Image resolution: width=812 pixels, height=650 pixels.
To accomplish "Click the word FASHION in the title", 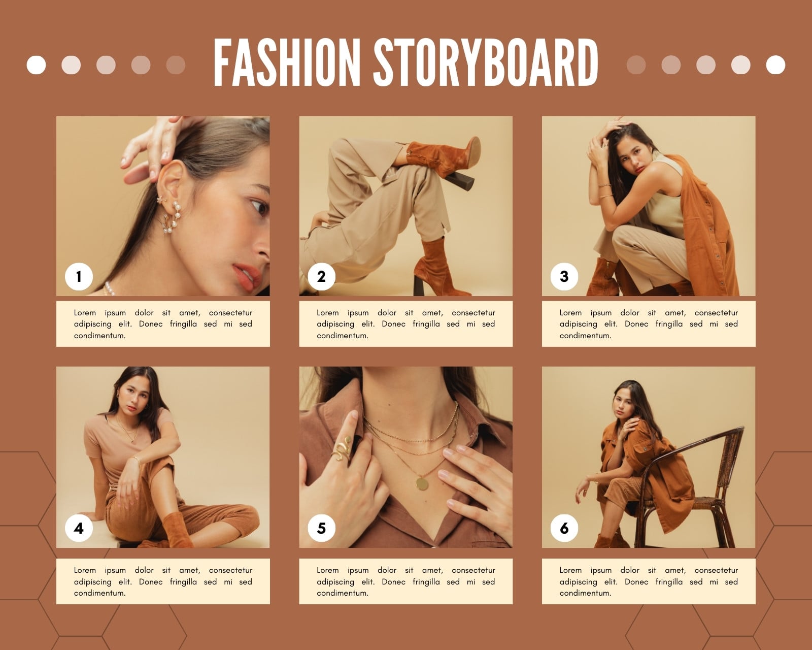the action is click(286, 62).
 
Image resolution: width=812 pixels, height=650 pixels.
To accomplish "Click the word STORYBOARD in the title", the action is click(486, 62).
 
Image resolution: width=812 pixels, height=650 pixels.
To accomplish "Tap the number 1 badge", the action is click(79, 276).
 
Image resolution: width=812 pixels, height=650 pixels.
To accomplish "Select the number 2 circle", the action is click(321, 276).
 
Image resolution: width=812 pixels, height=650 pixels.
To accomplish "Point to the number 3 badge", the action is click(564, 276).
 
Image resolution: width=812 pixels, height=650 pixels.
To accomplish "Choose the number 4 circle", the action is click(79, 528).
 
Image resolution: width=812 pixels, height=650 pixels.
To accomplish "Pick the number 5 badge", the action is click(321, 528).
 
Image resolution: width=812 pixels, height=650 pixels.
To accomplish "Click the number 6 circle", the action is click(564, 528).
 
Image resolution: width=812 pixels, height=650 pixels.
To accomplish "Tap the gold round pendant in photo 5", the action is click(422, 484).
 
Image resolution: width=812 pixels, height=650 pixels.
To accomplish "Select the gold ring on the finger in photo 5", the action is click(342, 449).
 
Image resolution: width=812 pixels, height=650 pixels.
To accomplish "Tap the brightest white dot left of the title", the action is click(36, 65).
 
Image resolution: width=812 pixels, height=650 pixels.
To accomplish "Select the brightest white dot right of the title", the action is click(775, 65).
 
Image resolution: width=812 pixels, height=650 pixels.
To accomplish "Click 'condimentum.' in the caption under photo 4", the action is click(99, 593).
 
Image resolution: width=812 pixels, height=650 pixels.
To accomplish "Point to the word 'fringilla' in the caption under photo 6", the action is click(669, 581).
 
